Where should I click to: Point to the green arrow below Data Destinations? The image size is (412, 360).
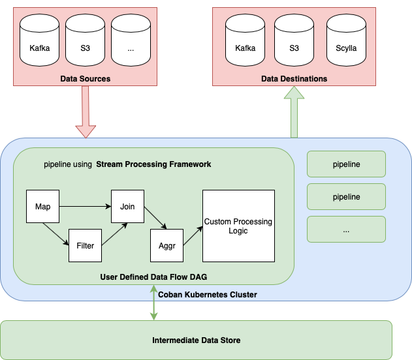pyautogui.click(x=294, y=112)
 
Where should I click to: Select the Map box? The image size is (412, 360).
pyautogui.click(x=42, y=207)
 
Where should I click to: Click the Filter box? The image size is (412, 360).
pyautogui.click(x=86, y=246)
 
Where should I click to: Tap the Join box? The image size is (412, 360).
pyautogui.click(x=127, y=207)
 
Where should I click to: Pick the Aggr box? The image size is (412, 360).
pyautogui.click(x=167, y=246)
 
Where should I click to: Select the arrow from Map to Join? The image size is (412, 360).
pyautogui.click(x=85, y=207)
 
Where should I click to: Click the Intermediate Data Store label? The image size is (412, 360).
pyautogui.click(x=196, y=340)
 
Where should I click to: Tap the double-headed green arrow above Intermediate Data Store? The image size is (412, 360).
pyautogui.click(x=154, y=303)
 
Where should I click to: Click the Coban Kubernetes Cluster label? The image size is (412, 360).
pyautogui.click(x=208, y=295)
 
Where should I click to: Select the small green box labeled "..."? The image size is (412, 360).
pyautogui.click(x=346, y=230)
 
